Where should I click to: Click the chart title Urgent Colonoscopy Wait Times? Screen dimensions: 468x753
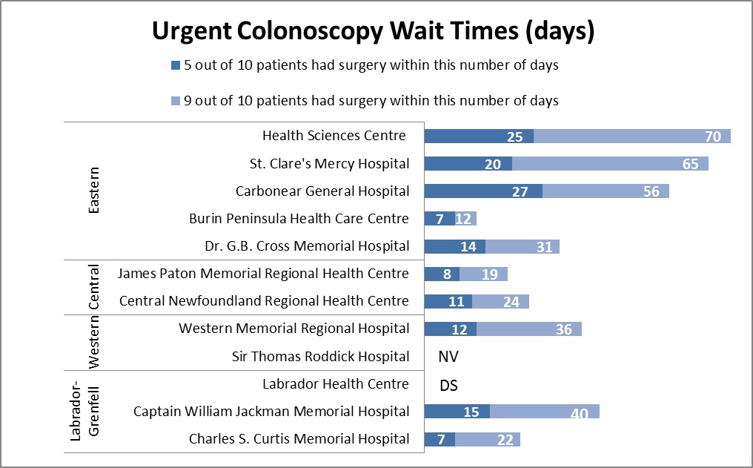coord(374,32)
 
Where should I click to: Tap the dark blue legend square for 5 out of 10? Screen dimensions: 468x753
coord(176,65)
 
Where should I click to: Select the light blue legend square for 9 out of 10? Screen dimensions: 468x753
coord(176,100)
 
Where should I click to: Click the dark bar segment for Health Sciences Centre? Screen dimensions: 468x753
coord(478,136)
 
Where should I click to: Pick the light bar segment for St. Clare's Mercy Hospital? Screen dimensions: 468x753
coord(609,163)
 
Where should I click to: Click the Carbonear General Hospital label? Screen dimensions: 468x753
coord(322,191)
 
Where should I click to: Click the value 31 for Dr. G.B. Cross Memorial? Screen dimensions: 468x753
coord(545,246)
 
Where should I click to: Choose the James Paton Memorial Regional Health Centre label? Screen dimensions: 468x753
coord(263,274)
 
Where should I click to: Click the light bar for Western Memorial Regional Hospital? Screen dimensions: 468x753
coord(528,329)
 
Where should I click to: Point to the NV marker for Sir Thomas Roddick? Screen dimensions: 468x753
coord(448,357)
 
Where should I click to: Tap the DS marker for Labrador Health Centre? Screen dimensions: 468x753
coord(448,384)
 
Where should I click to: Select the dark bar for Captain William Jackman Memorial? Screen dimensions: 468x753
coord(457,412)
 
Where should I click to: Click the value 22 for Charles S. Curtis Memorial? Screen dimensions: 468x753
coord(505,439)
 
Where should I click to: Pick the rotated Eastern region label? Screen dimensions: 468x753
coord(94,191)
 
